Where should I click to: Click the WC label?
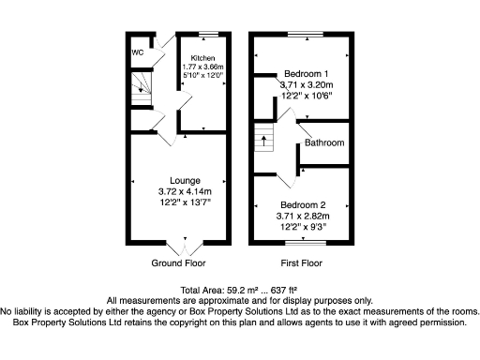pyautogui.click(x=138, y=52)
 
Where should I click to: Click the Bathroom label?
pyautogui.click(x=324, y=143)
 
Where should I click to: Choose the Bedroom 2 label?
pyautogui.click(x=302, y=204)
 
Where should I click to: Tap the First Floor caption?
pyautogui.click(x=301, y=263)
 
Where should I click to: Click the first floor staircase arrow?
pyautogui.click(x=263, y=142)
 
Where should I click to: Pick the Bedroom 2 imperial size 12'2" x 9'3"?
pyautogui.click(x=303, y=226)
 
